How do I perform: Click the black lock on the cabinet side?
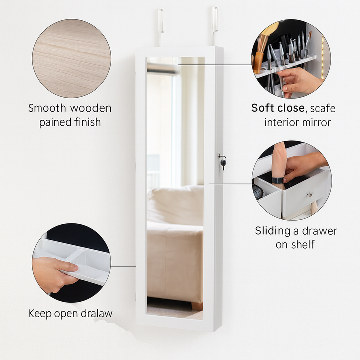(x=223, y=163)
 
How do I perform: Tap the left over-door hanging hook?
(x=160, y=27)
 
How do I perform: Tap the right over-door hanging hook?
(x=214, y=25)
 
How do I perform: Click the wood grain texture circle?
(x=71, y=59)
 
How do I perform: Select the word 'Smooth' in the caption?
(x=47, y=108)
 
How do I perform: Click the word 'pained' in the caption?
(x=54, y=123)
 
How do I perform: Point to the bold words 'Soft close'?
(x=278, y=108)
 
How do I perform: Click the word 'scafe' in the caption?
(x=323, y=108)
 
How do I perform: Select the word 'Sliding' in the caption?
(x=273, y=231)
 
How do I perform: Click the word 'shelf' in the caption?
(x=303, y=244)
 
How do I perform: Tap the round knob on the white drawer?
(x=309, y=194)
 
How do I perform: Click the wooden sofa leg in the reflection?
(x=197, y=306)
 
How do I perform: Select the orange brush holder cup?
(x=258, y=62)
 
